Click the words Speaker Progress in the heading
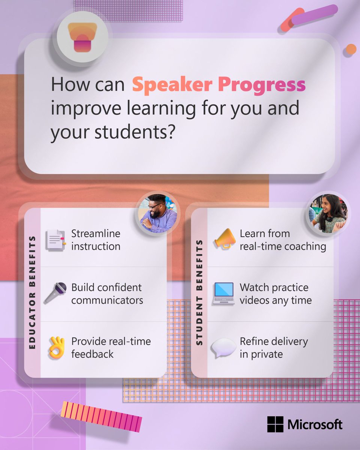219,85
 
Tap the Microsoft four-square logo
275,424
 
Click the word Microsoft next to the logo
315,424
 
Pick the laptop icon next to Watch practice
223,294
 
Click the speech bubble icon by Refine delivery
223,348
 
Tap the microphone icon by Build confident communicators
56,293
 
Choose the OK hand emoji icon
56,348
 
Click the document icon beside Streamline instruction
56,240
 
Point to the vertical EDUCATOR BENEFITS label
32,293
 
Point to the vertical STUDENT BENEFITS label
199,293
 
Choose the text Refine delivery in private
274,348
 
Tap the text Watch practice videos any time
276,294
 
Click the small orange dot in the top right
351,49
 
